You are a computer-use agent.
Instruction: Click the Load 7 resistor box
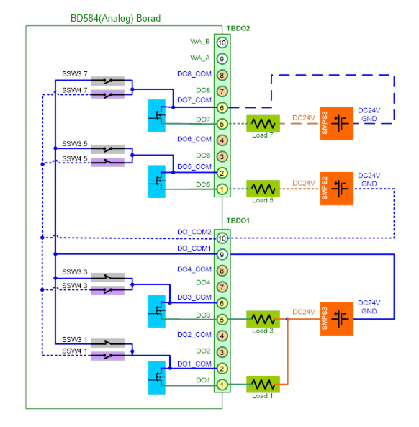tap(263, 124)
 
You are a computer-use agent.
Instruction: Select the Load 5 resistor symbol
tap(263, 189)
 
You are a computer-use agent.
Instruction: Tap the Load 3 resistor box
tap(263, 319)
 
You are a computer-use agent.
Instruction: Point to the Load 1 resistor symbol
tap(263, 385)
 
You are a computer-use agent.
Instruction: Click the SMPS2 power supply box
tap(337, 189)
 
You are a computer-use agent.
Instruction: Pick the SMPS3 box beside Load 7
tap(337, 123)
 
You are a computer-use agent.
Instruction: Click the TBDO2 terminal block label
tap(238, 29)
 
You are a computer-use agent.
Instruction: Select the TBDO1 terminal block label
tap(238, 220)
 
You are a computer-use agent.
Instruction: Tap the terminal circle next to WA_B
tap(222, 42)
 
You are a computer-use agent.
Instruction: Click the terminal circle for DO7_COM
tap(222, 108)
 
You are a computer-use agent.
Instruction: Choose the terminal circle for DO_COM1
tap(222, 254)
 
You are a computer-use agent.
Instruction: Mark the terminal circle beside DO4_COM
tap(222, 271)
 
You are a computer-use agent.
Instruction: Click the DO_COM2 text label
tap(194, 232)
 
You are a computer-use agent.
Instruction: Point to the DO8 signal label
tap(203, 90)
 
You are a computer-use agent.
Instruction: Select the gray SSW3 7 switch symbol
tap(107, 81)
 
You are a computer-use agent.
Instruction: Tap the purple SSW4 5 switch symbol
tap(107, 162)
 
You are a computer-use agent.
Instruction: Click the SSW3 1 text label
tap(75, 339)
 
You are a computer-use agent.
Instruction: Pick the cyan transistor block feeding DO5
tap(157, 181)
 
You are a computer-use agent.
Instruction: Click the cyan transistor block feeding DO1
tap(157, 378)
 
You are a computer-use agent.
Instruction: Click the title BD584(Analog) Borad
tap(115, 18)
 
